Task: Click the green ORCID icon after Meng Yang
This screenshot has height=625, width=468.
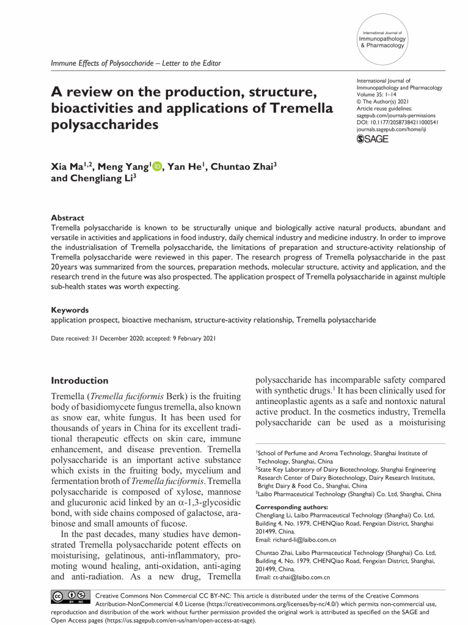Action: click(x=156, y=165)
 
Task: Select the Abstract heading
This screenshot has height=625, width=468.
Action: click(x=67, y=218)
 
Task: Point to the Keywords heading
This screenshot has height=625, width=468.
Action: click(x=70, y=310)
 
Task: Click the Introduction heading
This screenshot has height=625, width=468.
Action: click(x=80, y=380)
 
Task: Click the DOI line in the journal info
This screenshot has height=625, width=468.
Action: click(x=398, y=121)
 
